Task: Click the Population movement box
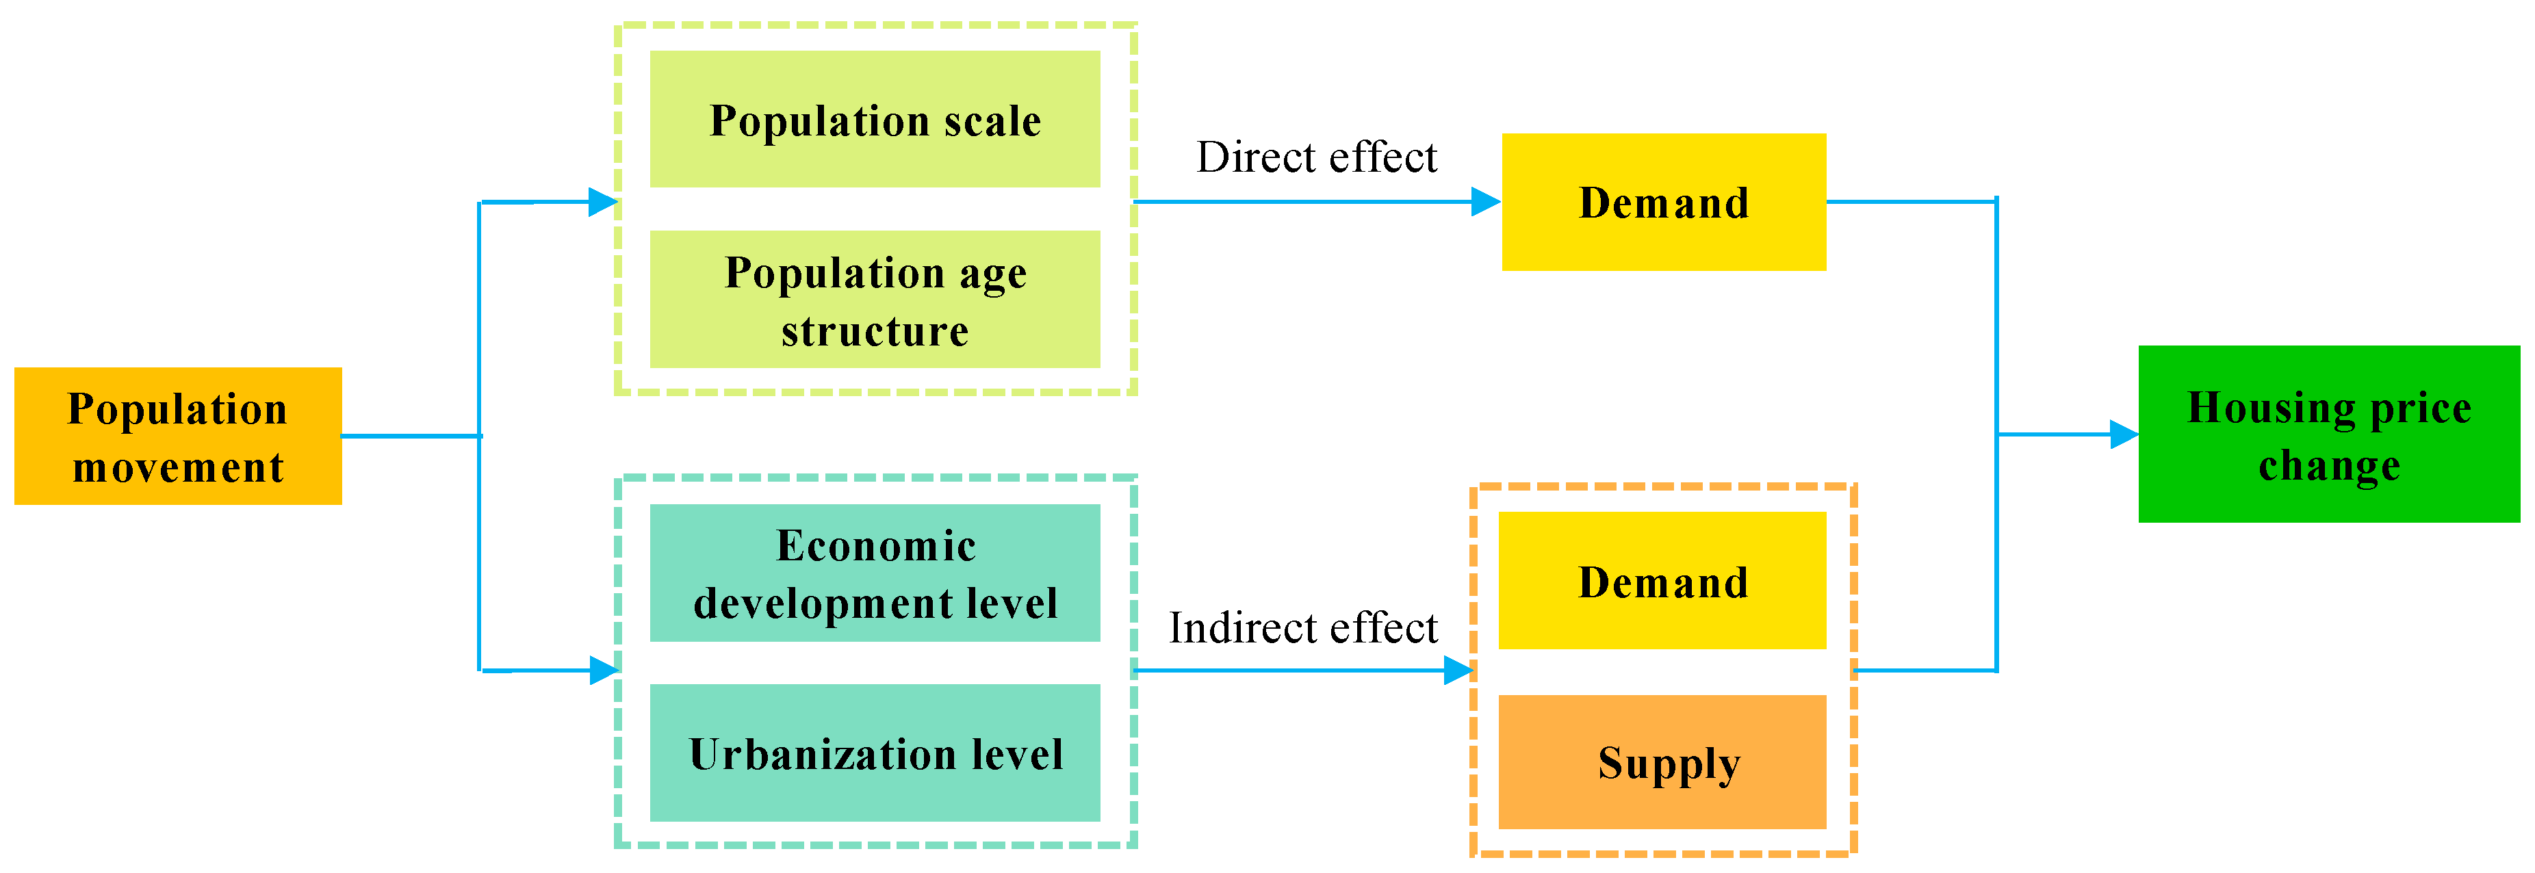[x=178, y=436]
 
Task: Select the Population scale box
[x=875, y=119]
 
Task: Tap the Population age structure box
[x=875, y=299]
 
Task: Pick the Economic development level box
[x=875, y=573]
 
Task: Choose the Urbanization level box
[x=875, y=753]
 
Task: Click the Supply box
[x=1662, y=761]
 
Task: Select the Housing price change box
[x=2328, y=434]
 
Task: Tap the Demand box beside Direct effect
[x=1663, y=202]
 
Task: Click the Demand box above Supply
[x=1662, y=581]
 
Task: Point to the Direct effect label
[x=1317, y=157]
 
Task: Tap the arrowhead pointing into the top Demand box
[x=1486, y=202]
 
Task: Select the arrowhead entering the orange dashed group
[x=1458, y=671]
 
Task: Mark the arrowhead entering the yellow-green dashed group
[x=602, y=202]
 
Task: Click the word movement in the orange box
[x=178, y=467]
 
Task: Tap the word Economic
[x=876, y=545]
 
